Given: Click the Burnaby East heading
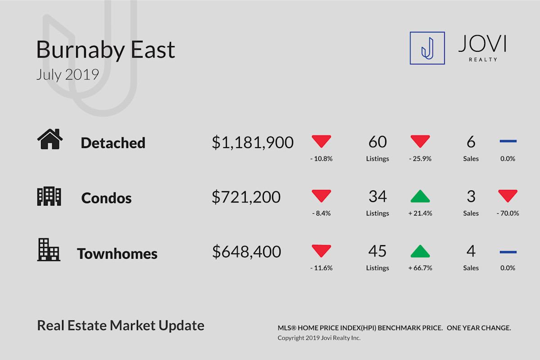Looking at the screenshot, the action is pos(106,50).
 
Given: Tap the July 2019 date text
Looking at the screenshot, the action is pos(68,75).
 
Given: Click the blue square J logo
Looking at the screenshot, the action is pos(427,48).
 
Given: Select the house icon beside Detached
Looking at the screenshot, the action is pos(50,139).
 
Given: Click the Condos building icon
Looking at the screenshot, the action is pos(49,196).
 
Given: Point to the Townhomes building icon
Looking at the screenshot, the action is pos(49,250).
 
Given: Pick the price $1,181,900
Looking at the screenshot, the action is pos(252,142).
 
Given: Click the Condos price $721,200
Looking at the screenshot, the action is pos(246,197).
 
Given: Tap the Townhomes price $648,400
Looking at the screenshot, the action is pos(247,252).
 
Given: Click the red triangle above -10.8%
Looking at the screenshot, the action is pos(321,141).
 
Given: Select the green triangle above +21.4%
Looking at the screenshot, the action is pos(420,196).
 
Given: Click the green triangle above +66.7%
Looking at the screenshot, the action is pos(420,251).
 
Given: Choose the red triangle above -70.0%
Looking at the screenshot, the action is pos(508,196).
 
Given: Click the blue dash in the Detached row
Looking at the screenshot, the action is pos(508,141).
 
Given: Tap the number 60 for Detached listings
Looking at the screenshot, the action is pos(378,142).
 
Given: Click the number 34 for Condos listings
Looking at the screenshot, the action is pos(378,197).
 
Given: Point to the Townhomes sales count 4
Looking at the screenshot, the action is pos(471,251).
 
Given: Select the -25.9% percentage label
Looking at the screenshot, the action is pos(420,159).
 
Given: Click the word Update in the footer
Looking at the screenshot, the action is pos(181,325).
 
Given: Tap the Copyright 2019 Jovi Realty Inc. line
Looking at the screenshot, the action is pos(319,338).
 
